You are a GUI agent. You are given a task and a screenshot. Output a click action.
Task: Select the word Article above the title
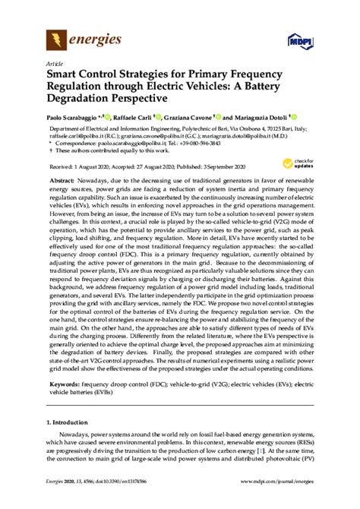[55, 65]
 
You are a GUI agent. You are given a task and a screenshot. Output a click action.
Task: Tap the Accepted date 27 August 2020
[153, 164]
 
